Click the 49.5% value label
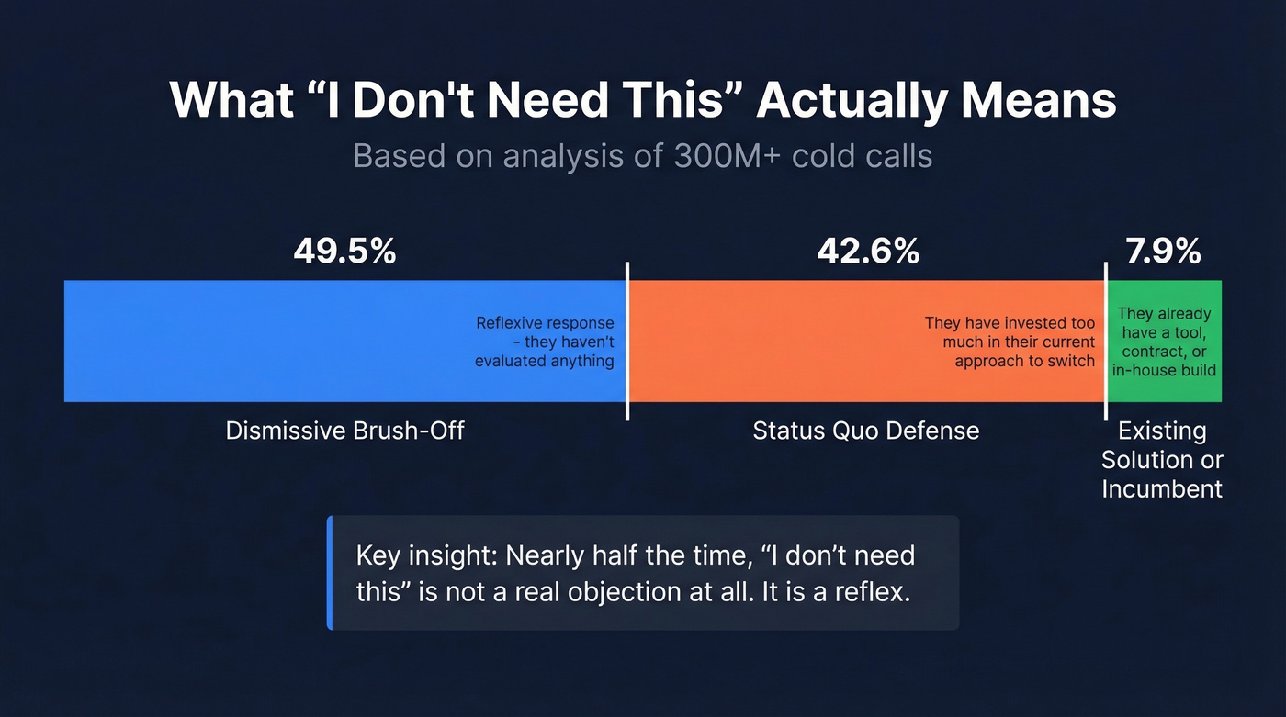pyautogui.click(x=344, y=251)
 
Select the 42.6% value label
pyautogui.click(x=868, y=251)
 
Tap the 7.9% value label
pyautogui.click(x=1164, y=251)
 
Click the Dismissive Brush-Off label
pyautogui.click(x=344, y=430)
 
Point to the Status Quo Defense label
pyautogui.click(x=865, y=430)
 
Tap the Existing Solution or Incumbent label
pyautogui.click(x=1162, y=459)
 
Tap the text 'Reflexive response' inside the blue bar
pyautogui.click(x=545, y=323)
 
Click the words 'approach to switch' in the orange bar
pyautogui.click(x=1024, y=361)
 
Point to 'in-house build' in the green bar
pyautogui.click(x=1164, y=370)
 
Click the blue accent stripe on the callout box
pyautogui.click(x=329, y=573)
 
